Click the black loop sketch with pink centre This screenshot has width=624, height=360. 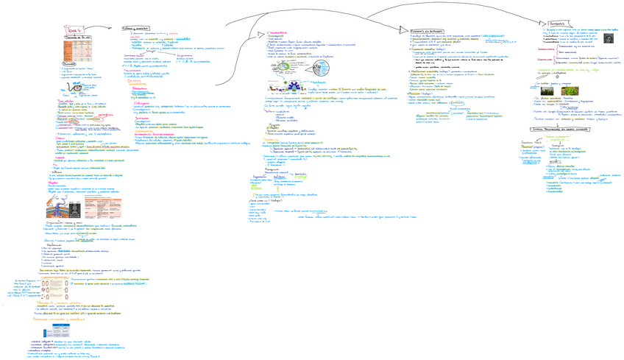point(77,90)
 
